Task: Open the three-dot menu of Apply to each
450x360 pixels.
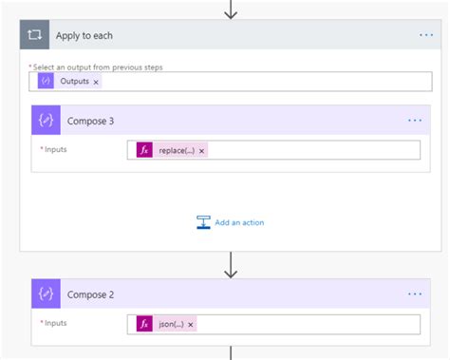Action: pyautogui.click(x=426, y=35)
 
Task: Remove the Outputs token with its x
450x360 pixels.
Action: pyautogui.click(x=96, y=83)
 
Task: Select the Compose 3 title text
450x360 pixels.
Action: pyautogui.click(x=92, y=121)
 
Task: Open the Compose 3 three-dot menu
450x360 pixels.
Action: pyautogui.click(x=415, y=121)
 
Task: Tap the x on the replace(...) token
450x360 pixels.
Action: pyautogui.click(x=201, y=150)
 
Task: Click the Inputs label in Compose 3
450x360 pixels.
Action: pyautogui.click(x=55, y=149)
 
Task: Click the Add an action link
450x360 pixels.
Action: pyautogui.click(x=239, y=222)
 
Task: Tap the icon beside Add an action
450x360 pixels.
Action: pyautogui.click(x=203, y=222)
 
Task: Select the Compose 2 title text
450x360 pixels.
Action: pyautogui.click(x=92, y=294)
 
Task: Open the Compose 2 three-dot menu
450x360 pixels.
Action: pyautogui.click(x=415, y=294)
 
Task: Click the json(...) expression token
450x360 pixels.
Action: pyautogui.click(x=166, y=324)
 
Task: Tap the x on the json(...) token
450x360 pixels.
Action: pyautogui.click(x=191, y=324)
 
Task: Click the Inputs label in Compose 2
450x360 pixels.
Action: pyautogui.click(x=55, y=323)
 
